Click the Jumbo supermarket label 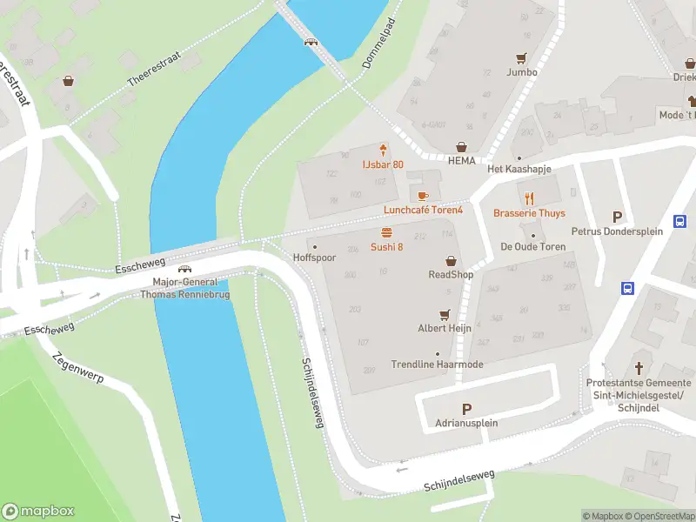point(522,72)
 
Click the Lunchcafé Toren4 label point(424,211)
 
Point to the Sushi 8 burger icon point(386,232)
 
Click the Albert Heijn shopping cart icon point(445,314)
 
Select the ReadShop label point(451,275)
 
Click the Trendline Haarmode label point(437,365)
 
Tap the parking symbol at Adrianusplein point(466,409)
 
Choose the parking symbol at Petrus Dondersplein point(618,217)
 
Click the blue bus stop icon point(626,288)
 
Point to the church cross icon point(639,368)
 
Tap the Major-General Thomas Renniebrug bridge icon point(184,270)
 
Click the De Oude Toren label point(532,247)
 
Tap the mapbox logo point(38,512)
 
